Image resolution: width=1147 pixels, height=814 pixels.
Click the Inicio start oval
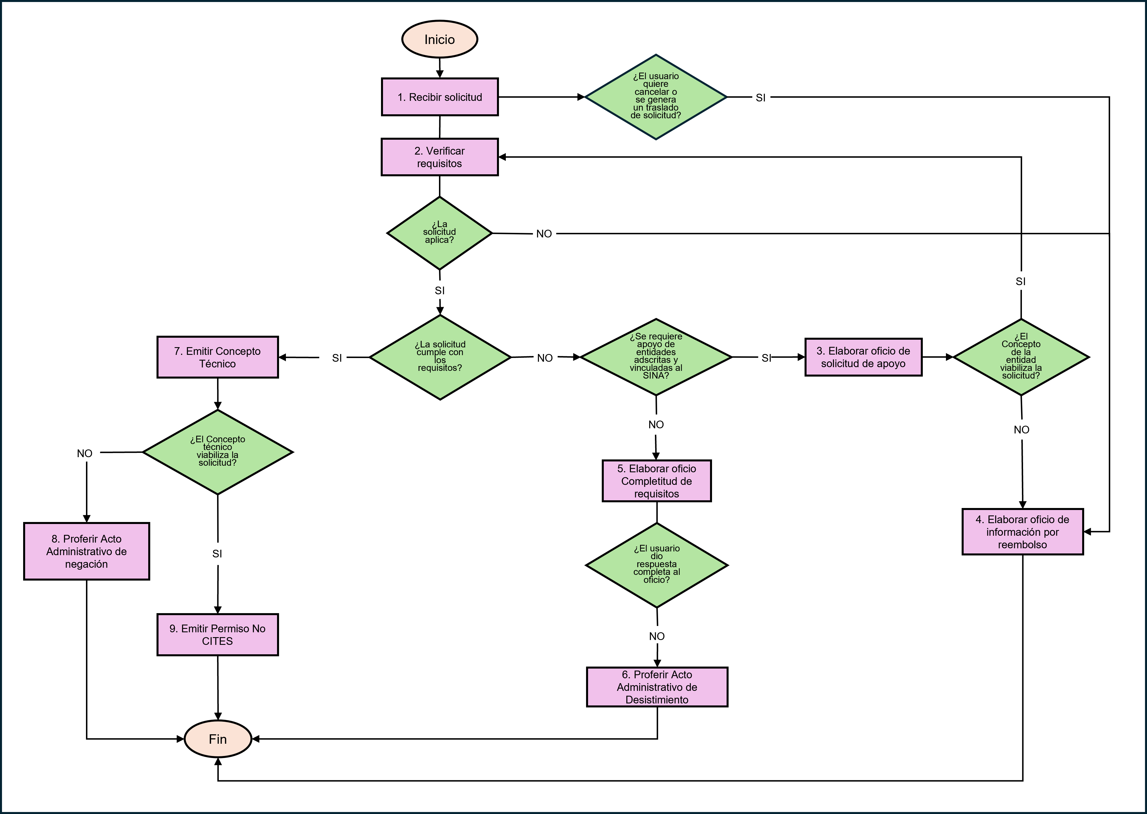tap(440, 39)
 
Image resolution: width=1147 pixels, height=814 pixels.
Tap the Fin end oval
tap(217, 739)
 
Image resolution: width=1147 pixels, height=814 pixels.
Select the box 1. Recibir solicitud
tap(440, 97)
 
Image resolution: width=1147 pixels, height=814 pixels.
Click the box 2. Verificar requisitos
tap(440, 157)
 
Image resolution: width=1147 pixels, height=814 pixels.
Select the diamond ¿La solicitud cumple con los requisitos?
tap(440, 357)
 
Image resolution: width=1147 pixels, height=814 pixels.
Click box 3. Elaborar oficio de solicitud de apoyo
tap(863, 357)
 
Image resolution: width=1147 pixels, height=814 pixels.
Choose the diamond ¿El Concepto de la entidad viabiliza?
tap(1021, 357)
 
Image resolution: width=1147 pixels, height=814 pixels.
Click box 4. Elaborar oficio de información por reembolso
tap(1022, 532)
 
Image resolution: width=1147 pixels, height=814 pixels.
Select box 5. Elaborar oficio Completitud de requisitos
tap(656, 481)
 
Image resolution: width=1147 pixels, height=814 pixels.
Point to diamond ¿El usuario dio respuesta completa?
tap(656, 565)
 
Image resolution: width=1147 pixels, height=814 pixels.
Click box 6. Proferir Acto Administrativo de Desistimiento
tap(656, 687)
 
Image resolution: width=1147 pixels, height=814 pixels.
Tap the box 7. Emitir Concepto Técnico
tap(217, 357)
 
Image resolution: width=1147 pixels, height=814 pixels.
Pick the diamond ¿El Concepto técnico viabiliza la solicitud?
tap(217, 452)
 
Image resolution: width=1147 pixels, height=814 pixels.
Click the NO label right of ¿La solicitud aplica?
tap(544, 234)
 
